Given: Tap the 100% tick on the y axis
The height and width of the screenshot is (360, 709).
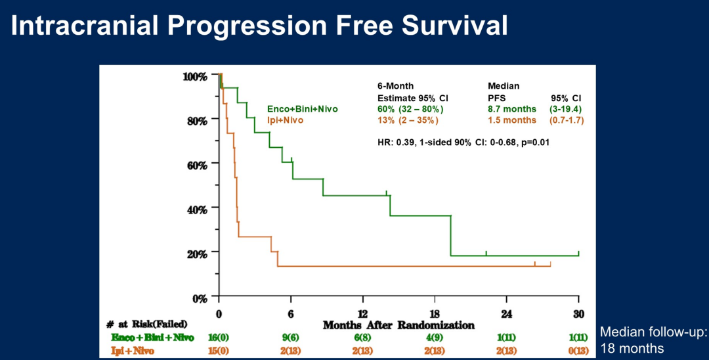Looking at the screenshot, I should click(x=194, y=76).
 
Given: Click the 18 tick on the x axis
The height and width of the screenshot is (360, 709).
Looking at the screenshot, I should click(x=435, y=313).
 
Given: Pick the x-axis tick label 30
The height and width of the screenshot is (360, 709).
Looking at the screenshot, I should click(x=578, y=313).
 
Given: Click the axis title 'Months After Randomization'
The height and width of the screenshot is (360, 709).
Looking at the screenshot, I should click(x=398, y=325).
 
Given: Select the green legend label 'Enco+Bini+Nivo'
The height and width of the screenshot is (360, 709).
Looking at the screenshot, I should click(x=302, y=109).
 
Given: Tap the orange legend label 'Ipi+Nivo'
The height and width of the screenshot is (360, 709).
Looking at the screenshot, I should click(x=286, y=120).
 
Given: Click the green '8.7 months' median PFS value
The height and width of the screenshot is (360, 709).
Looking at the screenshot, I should click(x=512, y=109).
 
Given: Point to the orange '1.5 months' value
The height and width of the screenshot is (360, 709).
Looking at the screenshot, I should click(x=512, y=120).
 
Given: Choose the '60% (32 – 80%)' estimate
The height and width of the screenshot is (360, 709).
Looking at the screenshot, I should click(x=410, y=109).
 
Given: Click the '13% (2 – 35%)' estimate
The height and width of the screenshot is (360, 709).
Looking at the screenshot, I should click(x=408, y=120).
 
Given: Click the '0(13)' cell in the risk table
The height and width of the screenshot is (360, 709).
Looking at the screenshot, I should click(x=578, y=349).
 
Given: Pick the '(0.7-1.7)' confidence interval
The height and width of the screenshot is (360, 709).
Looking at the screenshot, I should click(x=567, y=120).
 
